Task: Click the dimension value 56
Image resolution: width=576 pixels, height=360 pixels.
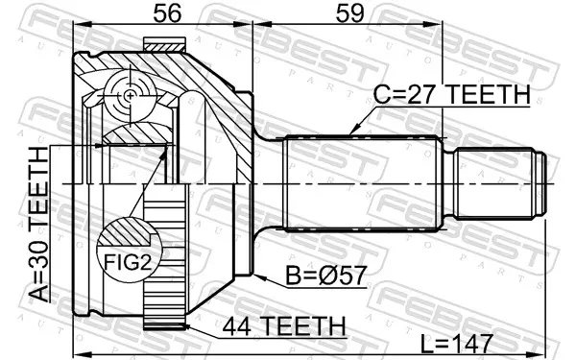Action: (167, 13)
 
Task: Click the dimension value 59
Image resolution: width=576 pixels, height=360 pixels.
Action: (349, 13)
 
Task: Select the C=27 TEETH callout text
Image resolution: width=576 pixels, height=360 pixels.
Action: (452, 94)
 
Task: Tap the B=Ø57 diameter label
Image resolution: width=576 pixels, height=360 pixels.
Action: (326, 276)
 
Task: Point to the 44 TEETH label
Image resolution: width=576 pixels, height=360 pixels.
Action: (284, 326)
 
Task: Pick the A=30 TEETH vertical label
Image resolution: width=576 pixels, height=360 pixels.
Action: (38, 224)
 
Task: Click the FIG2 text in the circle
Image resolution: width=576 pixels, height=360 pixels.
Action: (128, 262)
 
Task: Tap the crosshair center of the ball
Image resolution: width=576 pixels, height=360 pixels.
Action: (130, 96)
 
